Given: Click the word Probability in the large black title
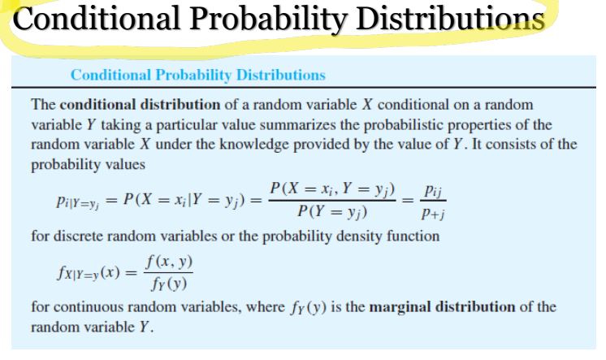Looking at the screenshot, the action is tap(269, 19).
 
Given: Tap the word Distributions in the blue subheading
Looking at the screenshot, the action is tap(281, 75).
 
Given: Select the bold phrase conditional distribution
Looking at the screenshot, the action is tap(140, 105).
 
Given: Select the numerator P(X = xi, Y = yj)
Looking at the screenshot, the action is tap(332, 189).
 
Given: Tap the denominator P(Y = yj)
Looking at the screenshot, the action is tap(332, 212).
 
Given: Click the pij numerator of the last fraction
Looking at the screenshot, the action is tap(433, 191).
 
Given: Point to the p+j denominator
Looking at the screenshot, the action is tap(433, 213).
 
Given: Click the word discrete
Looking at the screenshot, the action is tap(77, 236).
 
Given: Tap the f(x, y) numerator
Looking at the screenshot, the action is tap(169, 262).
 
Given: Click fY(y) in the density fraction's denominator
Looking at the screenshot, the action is tap(169, 284).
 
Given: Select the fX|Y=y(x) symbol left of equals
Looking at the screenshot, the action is tap(89, 273).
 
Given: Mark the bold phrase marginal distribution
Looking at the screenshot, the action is tap(442, 307).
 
